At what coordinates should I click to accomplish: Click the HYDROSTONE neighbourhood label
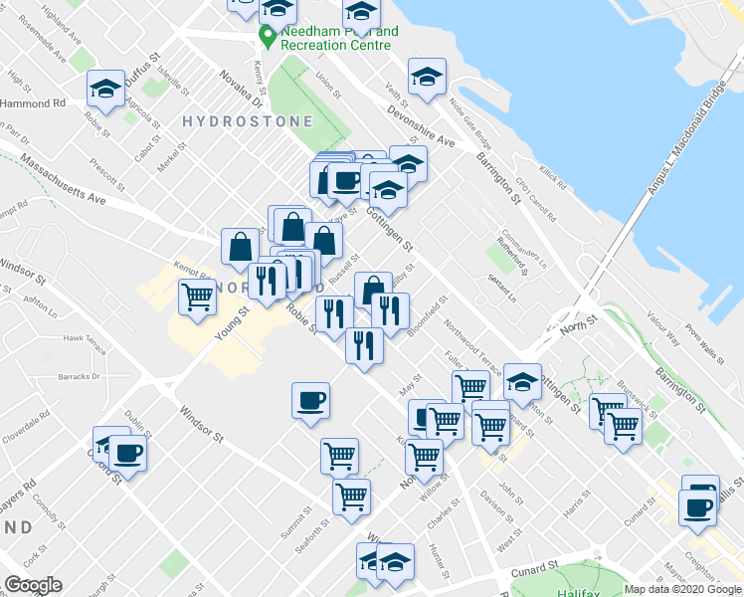point(248,121)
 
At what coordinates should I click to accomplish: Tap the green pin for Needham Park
point(267,38)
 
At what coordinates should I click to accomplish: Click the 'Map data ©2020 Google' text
point(682,589)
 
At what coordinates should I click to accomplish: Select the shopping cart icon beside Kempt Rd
point(198,296)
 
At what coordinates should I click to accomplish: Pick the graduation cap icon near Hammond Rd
point(105,90)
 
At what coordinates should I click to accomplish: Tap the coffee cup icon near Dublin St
point(127,455)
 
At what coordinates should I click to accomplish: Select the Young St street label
point(232,324)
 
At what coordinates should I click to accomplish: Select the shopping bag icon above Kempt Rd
point(241,246)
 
